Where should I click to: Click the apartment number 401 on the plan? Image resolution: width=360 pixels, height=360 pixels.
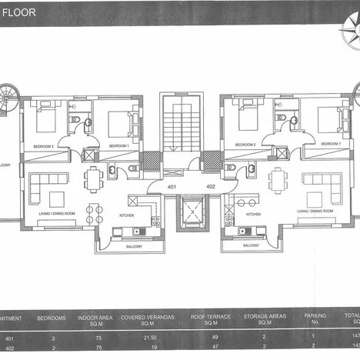click(172, 187)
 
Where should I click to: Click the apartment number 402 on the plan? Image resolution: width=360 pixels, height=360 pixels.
click(210, 187)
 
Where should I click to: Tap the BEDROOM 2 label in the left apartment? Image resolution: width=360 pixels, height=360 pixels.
click(43, 145)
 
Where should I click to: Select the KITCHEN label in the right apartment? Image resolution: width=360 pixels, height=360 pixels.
click(254, 215)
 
